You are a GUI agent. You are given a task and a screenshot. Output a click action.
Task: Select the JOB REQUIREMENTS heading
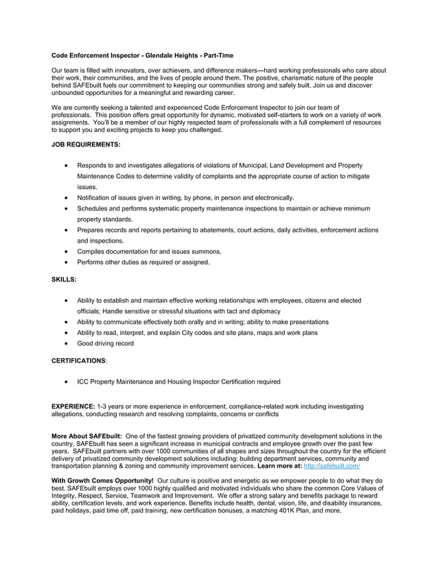click(86, 144)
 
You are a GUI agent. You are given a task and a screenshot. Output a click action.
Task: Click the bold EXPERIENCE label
click(73, 406)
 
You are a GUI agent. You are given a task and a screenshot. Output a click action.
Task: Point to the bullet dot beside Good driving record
click(65, 343)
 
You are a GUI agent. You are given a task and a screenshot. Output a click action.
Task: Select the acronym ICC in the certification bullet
click(83, 382)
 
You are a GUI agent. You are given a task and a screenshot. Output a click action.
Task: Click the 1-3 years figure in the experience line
click(113, 406)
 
